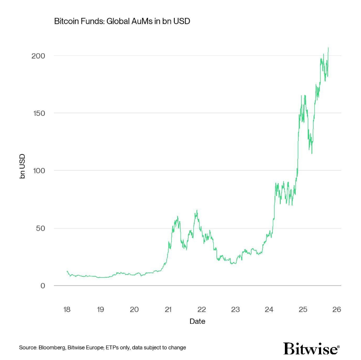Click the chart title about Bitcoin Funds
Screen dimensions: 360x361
click(x=122, y=21)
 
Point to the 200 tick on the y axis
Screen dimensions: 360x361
click(x=38, y=56)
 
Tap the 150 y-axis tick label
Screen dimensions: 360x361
click(x=38, y=113)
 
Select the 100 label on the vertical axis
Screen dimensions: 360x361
click(x=38, y=171)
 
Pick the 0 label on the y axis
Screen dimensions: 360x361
click(x=42, y=286)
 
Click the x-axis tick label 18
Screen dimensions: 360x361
click(x=67, y=310)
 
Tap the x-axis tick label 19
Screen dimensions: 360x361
click(x=100, y=310)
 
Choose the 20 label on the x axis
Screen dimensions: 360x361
click(x=134, y=310)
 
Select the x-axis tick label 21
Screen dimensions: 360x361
click(x=168, y=310)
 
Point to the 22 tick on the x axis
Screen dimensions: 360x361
click(x=202, y=310)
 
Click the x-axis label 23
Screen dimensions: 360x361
click(x=235, y=310)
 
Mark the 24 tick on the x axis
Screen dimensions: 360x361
click(x=269, y=310)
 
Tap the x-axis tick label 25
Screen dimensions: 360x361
click(x=303, y=310)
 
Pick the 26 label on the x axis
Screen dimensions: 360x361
click(x=336, y=310)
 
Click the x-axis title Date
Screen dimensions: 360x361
click(x=197, y=321)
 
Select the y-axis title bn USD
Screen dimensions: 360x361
click(x=22, y=166)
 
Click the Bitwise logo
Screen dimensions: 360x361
click(x=312, y=348)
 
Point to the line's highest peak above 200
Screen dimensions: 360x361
click(x=328, y=48)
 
